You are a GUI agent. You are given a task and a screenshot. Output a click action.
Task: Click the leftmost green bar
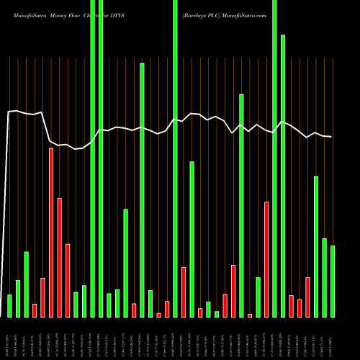click(9, 305)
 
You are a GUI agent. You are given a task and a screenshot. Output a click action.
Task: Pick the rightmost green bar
click(333, 281)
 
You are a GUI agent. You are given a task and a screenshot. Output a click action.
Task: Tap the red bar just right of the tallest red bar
click(59, 257)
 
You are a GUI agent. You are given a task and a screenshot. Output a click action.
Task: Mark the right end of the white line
click(331, 137)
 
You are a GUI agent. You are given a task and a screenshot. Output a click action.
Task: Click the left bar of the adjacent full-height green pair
click(92, 158)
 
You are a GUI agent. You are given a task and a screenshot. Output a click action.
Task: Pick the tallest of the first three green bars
click(26, 284)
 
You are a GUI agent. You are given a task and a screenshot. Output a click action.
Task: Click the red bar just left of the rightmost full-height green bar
click(266, 259)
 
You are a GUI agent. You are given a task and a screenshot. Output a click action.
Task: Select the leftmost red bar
click(35, 310)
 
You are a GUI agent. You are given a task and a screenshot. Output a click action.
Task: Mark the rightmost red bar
click(307, 297)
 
